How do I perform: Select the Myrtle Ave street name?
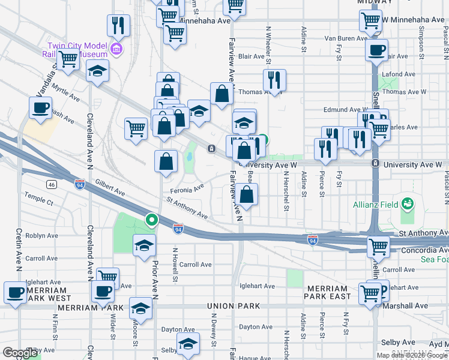click(x=65, y=95)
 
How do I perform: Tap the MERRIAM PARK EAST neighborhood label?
click(x=327, y=292)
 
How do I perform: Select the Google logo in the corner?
click(x=20, y=353)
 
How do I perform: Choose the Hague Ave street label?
click(x=255, y=357)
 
